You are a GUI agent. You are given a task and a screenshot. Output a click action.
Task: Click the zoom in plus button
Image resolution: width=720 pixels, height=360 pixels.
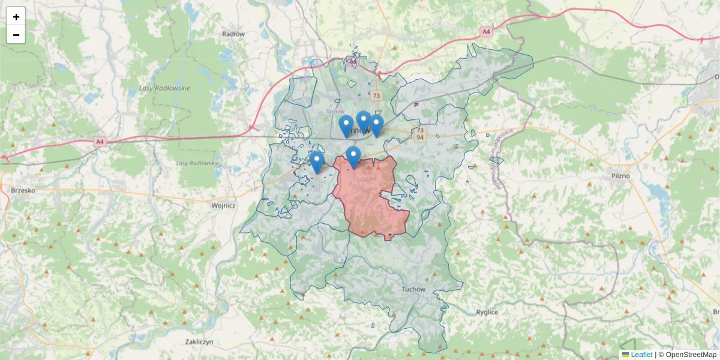click(16, 17)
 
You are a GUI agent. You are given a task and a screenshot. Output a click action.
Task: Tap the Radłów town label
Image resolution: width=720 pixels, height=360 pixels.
click(233, 34)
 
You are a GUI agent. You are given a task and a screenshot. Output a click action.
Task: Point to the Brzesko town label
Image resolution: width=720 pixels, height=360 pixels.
click(23, 190)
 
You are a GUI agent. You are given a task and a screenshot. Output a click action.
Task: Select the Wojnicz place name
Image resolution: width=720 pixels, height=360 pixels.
click(223, 205)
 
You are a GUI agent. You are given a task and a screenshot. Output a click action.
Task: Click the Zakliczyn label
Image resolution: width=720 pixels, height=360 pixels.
click(200, 341)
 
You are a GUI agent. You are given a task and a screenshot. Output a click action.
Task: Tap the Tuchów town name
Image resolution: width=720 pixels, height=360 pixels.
click(413, 289)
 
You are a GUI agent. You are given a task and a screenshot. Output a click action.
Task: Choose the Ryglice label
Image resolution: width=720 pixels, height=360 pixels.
click(487, 312)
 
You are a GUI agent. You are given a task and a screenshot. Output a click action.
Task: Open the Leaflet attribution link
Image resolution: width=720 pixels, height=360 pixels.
click(641, 355)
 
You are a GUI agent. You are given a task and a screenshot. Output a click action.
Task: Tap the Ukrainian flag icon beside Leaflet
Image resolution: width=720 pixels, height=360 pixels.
click(625, 355)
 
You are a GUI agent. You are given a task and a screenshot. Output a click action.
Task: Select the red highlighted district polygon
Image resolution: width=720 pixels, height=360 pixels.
click(367, 198)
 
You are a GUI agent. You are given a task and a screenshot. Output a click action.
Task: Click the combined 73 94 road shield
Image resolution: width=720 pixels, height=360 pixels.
click(419, 134)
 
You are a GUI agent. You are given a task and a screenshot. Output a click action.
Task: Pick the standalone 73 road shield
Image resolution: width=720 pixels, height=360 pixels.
click(376, 95)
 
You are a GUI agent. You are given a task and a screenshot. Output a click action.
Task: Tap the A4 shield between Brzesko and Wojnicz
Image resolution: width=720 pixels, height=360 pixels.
click(100, 142)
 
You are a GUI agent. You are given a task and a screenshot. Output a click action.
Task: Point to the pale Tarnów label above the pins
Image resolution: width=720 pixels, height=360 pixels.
click(332, 111)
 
